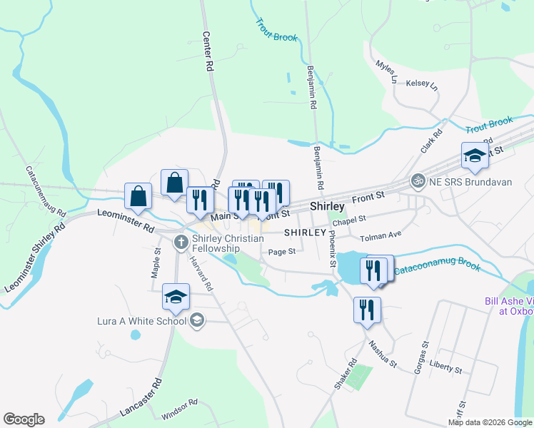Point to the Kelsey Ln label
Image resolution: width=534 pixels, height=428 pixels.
tap(421, 84)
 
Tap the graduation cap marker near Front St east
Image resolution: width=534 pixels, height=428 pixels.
tap(474, 155)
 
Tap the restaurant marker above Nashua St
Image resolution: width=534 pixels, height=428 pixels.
tap(367, 310)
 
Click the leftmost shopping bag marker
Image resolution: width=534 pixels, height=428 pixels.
tap(138, 195)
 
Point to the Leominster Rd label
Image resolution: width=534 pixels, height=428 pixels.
tap(126, 221)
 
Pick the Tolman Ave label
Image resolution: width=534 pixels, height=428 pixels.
tap(381, 236)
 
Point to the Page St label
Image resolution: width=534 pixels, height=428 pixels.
tap(282, 251)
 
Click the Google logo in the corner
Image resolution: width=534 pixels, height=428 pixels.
tap(24, 419)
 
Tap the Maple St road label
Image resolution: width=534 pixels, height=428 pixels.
tap(156, 262)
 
